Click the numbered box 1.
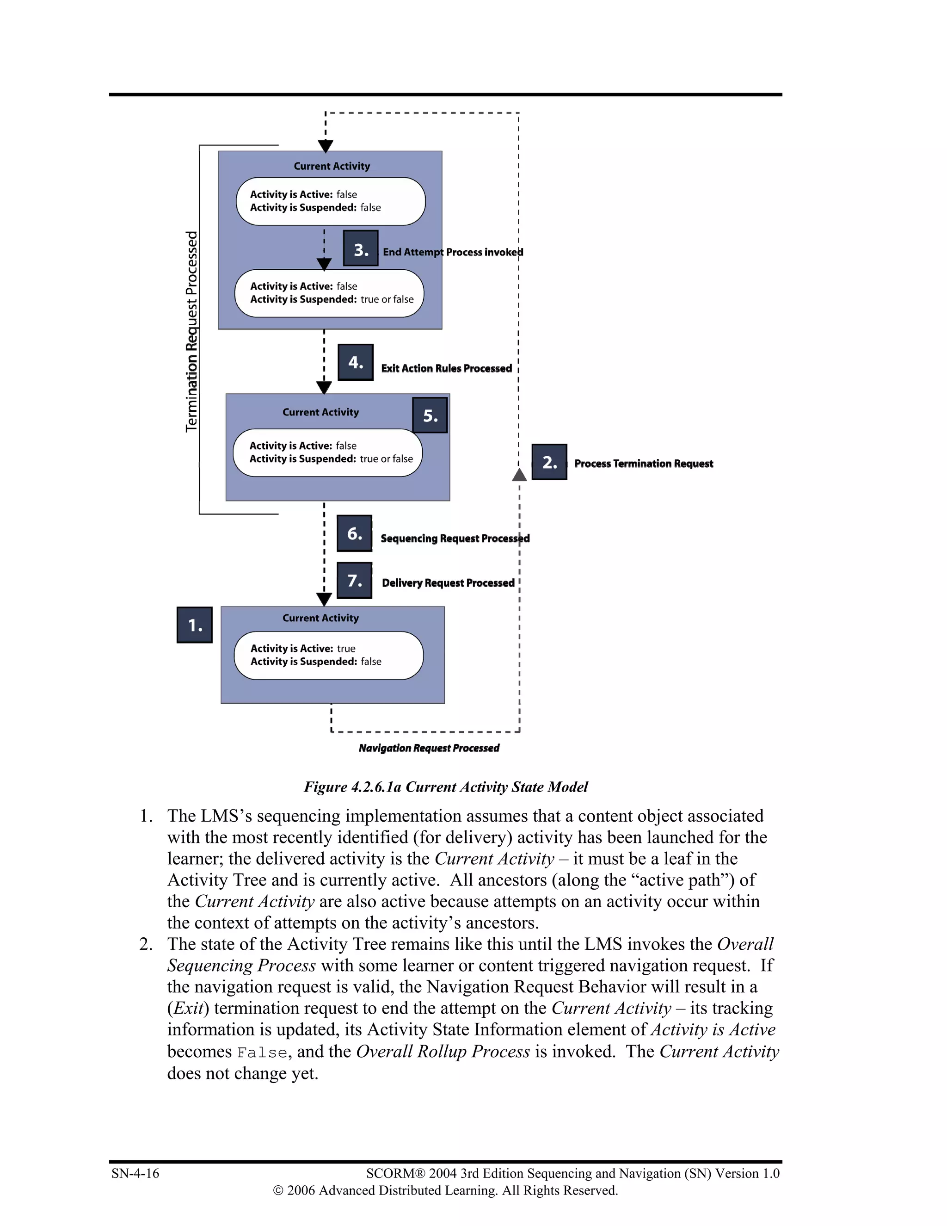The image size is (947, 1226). (194, 625)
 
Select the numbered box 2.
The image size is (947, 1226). (549, 462)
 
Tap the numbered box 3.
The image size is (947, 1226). (360, 248)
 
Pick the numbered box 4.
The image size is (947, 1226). (355, 362)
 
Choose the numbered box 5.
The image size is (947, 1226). (430, 415)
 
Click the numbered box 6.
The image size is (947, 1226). (354, 533)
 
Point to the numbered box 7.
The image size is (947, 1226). (354, 581)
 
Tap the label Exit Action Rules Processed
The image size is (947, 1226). (446, 368)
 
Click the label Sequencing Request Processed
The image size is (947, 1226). (455, 539)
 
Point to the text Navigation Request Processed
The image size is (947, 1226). (429, 748)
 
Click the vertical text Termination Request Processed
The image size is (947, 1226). (192, 331)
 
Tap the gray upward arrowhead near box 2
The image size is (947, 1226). (519, 475)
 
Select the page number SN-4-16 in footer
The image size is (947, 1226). (135, 1173)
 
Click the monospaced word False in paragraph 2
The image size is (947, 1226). (262, 1053)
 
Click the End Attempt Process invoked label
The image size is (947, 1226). (453, 252)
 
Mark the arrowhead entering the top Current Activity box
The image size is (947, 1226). (326, 146)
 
